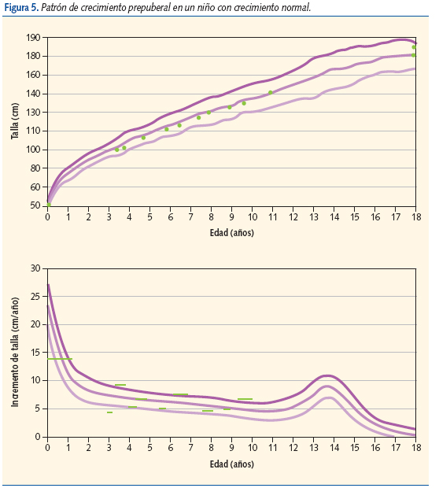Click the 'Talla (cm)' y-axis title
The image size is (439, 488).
point(15,121)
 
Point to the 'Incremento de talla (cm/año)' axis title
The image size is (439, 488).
point(15,352)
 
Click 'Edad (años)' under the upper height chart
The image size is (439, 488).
point(231,232)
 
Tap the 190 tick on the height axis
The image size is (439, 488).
point(33,38)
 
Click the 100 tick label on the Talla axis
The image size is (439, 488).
point(33,150)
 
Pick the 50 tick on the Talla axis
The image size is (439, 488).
point(35,205)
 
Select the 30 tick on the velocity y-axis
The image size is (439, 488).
point(36,268)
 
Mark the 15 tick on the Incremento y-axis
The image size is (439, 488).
point(36,352)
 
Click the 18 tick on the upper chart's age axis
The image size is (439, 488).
point(415,217)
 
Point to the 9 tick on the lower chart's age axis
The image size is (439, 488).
point(231,447)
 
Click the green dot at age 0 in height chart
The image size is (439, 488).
point(49,205)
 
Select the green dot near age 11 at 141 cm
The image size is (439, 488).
point(271,92)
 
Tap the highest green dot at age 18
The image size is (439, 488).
point(414,47)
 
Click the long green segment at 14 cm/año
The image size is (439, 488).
point(60,359)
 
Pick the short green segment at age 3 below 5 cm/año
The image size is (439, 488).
point(110,412)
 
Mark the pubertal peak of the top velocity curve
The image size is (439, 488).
point(328,375)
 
